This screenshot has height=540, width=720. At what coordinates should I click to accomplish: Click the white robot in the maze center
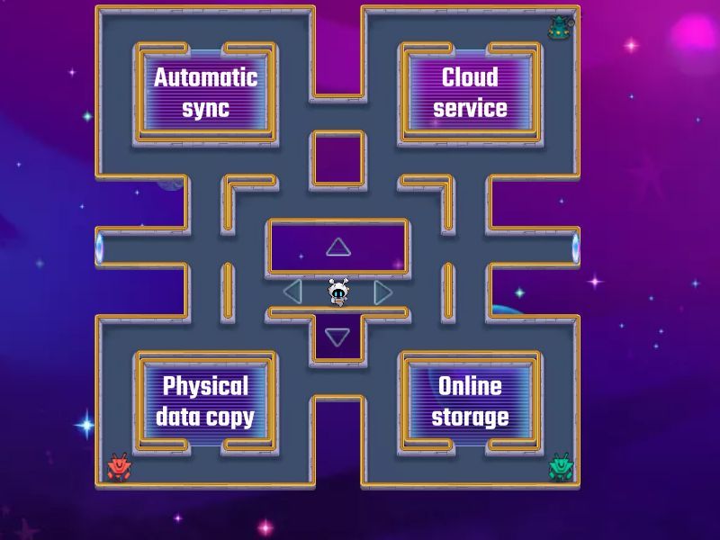[x=337, y=292]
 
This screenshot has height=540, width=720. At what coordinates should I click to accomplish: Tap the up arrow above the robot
[x=337, y=247]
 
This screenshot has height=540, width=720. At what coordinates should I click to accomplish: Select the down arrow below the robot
[x=337, y=337]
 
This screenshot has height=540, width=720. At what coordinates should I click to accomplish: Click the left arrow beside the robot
[x=292, y=292]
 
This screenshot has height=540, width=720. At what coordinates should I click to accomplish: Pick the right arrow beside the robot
[x=383, y=292]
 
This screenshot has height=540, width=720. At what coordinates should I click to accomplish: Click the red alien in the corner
[x=120, y=466]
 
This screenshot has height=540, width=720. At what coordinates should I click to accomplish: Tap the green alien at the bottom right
[x=562, y=466]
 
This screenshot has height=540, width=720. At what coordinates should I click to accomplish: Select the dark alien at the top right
[x=560, y=27]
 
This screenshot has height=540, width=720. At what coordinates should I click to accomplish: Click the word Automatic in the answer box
[x=205, y=77]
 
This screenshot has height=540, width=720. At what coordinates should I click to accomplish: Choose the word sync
[x=205, y=109]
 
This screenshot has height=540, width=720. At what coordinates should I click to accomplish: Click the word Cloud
[x=470, y=77]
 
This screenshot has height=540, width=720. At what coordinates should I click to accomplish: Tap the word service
[x=470, y=109]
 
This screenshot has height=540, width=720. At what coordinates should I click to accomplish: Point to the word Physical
[x=205, y=386]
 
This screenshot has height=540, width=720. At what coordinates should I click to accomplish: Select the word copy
[x=230, y=418]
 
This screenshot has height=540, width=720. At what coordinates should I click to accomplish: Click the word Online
[x=470, y=386]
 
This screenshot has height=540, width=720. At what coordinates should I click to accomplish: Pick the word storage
[x=470, y=418]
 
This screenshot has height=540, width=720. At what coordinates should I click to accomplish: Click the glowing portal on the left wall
[x=99, y=247]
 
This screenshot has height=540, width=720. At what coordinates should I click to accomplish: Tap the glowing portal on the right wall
[x=576, y=247]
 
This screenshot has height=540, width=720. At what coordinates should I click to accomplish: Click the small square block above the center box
[x=337, y=159]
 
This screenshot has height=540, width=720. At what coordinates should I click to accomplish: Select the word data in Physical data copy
[x=177, y=418]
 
